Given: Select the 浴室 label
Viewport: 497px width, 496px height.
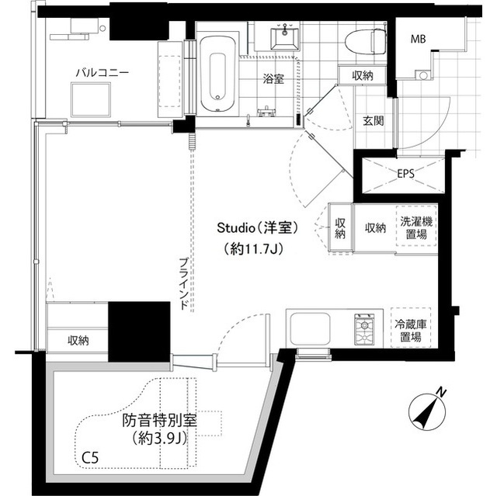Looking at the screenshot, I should click(x=273, y=78).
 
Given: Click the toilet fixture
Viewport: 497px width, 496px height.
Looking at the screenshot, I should click(x=365, y=41).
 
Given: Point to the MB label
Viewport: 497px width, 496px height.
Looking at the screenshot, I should click(x=418, y=39).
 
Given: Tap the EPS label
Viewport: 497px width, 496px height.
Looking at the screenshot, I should click(x=405, y=173).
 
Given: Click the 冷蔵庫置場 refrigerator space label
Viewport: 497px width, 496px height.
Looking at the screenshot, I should click(x=411, y=330).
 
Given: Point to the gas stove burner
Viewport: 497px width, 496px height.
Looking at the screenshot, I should click(x=363, y=329).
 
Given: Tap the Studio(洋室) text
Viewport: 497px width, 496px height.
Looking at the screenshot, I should click(x=258, y=227).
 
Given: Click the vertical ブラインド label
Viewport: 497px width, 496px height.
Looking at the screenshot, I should click(x=182, y=284).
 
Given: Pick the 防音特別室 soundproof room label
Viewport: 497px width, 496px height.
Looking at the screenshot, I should click(x=158, y=422).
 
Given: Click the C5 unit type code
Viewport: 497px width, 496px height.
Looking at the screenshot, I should click(x=91, y=458).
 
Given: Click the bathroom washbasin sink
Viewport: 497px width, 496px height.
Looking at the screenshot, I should click(x=283, y=36).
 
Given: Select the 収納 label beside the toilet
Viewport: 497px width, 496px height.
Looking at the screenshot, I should click(x=363, y=75).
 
